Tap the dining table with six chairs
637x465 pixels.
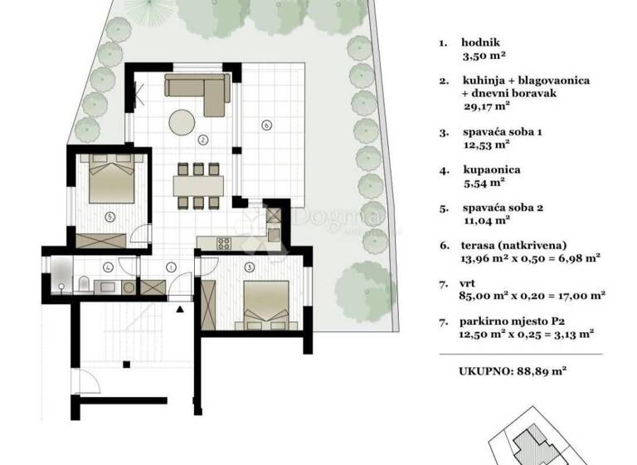pos(197,184)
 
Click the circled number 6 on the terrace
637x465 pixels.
pos(266,125)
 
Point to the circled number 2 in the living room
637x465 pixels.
pos(202,139)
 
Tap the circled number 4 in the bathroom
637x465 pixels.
pos(108,267)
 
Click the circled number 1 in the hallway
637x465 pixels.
pos(170,267)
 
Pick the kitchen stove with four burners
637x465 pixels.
pos(224,244)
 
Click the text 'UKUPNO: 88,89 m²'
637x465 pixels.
pos(512,373)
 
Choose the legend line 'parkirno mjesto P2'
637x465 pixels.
pos(513,322)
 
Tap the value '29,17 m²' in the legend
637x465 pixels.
pos(486,106)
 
